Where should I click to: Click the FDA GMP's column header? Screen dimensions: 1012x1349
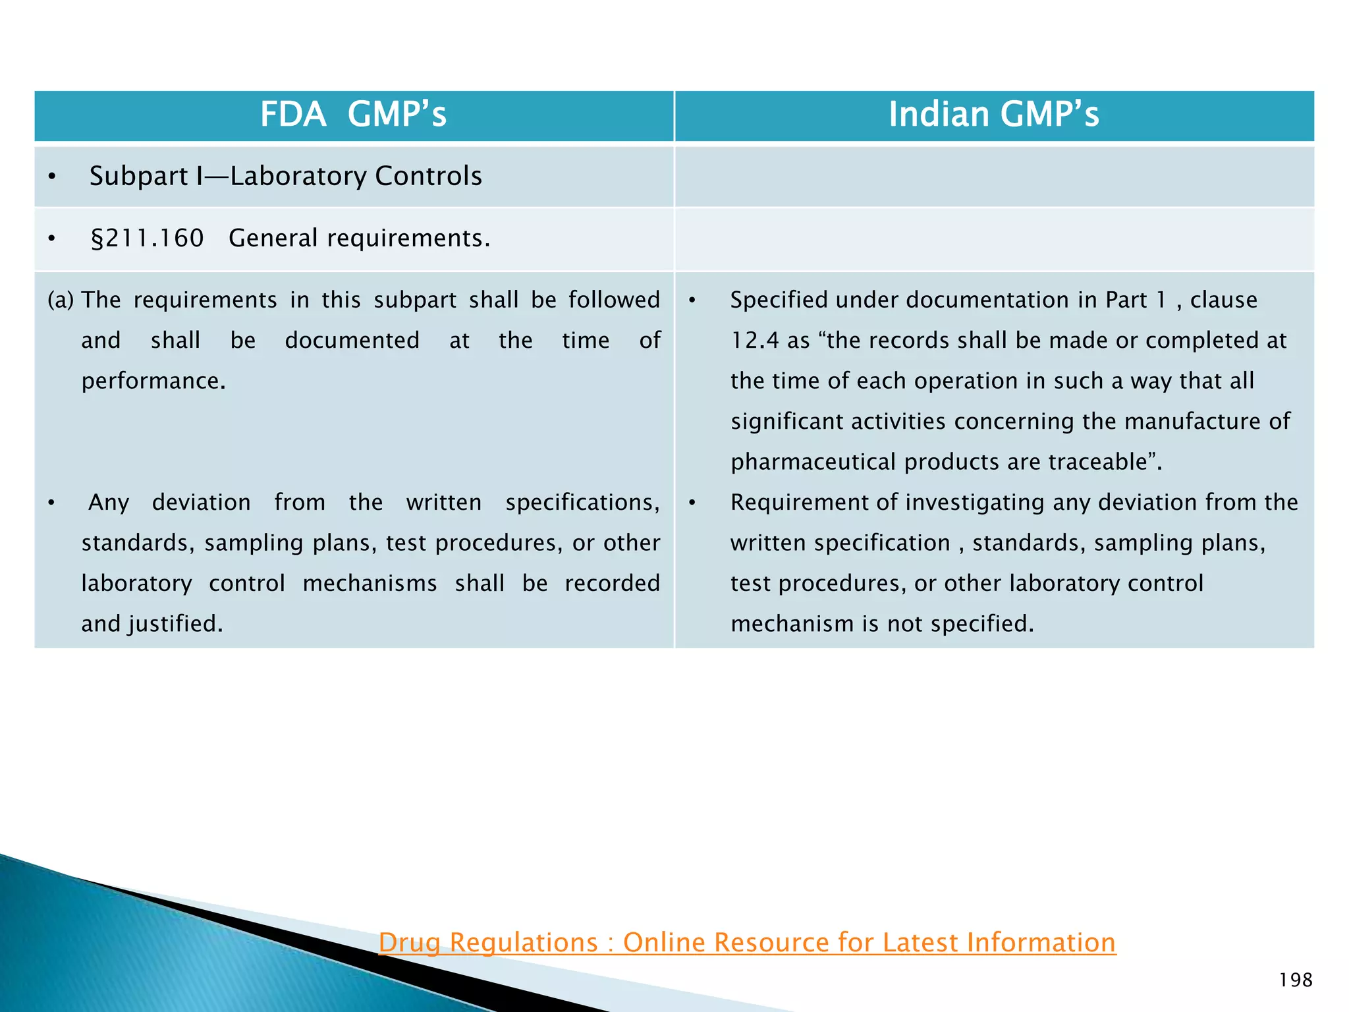tap(353, 115)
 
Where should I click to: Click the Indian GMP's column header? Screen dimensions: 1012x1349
tap(993, 115)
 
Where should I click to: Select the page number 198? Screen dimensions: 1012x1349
tap(1295, 980)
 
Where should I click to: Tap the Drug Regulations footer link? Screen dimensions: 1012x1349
tap(747, 943)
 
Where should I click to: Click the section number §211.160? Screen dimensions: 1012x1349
tap(147, 239)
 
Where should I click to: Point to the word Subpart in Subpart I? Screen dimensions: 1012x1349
tap(139, 177)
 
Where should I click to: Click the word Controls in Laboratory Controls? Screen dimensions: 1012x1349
tap(428, 177)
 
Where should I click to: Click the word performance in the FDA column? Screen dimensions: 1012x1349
tap(153, 381)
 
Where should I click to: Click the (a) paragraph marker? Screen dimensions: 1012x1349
tap(61, 300)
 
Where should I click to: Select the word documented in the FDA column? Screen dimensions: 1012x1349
tap(352, 341)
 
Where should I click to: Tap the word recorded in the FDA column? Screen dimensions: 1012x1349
tap(612, 584)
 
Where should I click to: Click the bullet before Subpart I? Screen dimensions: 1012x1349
tap(52, 177)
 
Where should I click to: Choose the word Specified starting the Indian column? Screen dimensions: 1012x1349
tap(779, 300)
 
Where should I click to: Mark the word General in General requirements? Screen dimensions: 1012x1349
tap(273, 239)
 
